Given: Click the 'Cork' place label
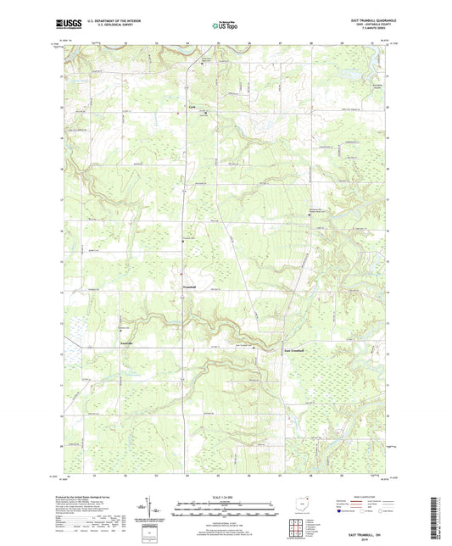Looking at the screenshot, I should (192, 106).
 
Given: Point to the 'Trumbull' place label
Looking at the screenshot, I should (192, 287).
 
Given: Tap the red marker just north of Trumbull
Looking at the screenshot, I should (181, 272).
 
